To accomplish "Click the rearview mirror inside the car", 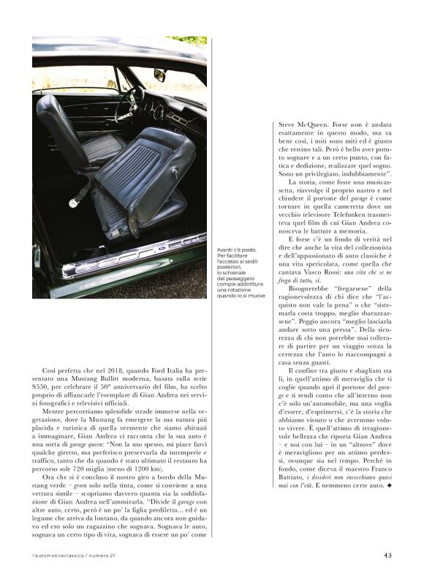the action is (x=159, y=75).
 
